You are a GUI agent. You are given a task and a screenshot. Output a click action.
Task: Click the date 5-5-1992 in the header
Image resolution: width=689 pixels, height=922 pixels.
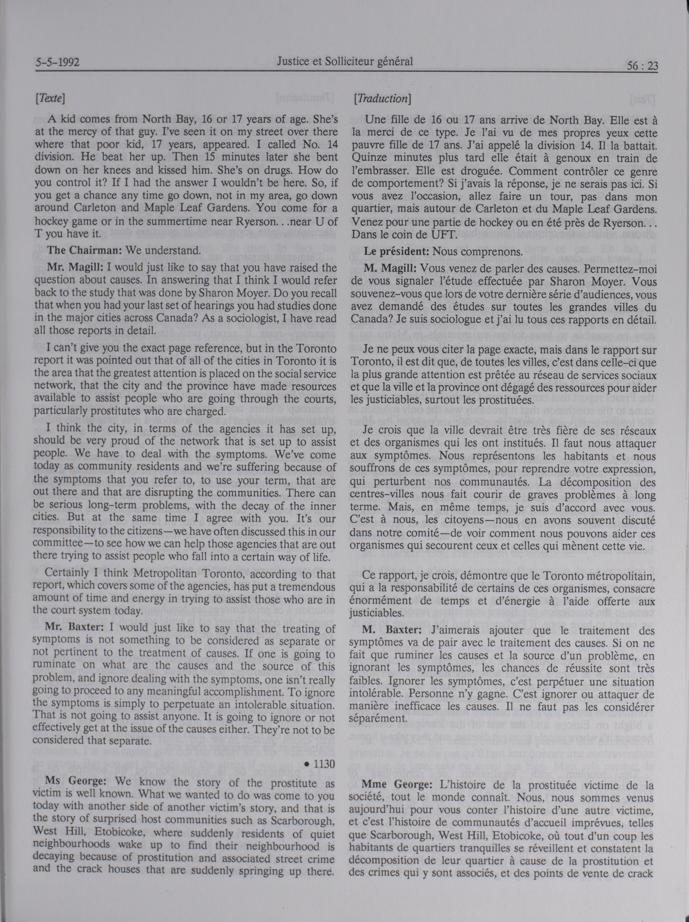point(58,63)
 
